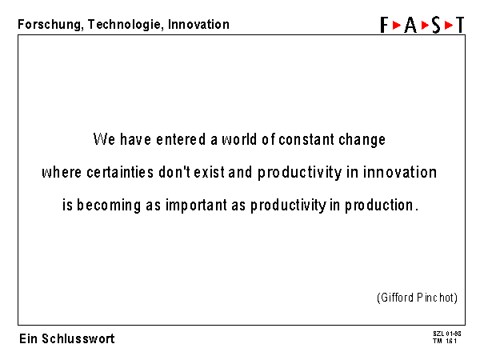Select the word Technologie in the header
point(124,25)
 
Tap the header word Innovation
point(198,24)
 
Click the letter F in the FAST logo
point(384,25)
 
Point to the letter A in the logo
point(410,25)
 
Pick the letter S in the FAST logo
point(436,25)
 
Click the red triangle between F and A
point(397,25)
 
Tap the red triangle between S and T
point(449,25)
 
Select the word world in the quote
point(239,139)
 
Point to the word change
point(362,140)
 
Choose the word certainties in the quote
point(120,172)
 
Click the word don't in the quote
point(174,172)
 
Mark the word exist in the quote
point(210,172)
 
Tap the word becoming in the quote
point(109,206)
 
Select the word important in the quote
point(196,206)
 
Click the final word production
point(379,206)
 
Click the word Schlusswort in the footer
point(78,339)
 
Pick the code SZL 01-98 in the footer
point(447,334)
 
